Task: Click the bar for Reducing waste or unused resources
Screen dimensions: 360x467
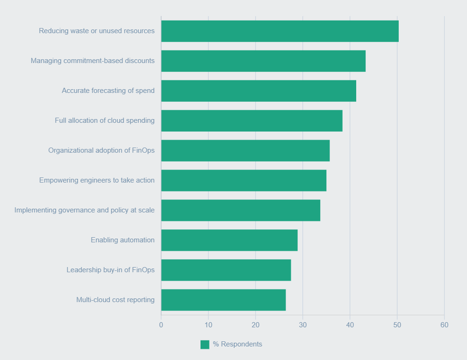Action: click(279, 31)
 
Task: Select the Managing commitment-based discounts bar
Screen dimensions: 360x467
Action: click(263, 61)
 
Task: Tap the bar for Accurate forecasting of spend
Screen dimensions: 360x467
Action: click(258, 91)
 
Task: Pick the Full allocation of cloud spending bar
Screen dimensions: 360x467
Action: click(252, 121)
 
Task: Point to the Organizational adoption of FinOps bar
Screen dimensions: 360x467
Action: click(245, 151)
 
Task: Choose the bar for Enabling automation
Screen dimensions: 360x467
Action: click(229, 240)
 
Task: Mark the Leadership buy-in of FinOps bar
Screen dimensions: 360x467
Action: click(226, 270)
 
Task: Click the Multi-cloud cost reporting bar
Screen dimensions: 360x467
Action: click(223, 300)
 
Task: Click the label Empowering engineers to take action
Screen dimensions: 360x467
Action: click(97, 181)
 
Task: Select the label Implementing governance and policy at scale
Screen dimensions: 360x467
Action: click(85, 210)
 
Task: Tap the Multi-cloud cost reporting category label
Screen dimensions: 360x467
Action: click(116, 300)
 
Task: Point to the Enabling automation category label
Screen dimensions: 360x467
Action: click(122, 240)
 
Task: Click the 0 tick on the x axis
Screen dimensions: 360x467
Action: click(161, 325)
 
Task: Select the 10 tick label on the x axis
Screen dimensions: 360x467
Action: click(209, 325)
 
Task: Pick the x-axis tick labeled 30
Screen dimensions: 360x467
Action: click(303, 325)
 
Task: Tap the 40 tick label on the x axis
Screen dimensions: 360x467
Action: click(350, 325)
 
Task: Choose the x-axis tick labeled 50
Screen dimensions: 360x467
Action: click(397, 325)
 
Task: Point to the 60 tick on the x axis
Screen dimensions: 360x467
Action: click(444, 325)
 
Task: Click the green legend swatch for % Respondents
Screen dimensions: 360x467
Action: click(205, 344)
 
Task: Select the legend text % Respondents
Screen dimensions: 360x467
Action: click(237, 344)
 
